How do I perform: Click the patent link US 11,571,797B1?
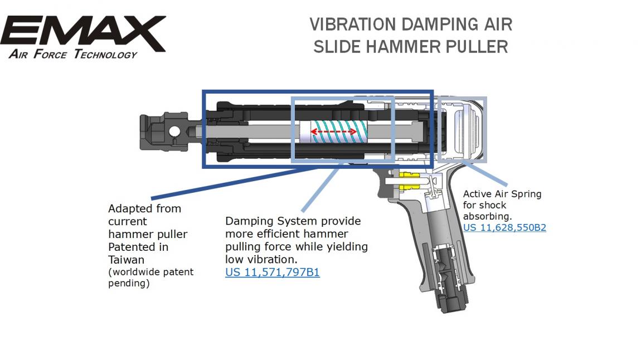click(272, 272)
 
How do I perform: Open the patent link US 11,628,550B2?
click(504, 227)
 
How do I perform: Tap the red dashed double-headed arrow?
click(333, 132)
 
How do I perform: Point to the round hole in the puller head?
click(174, 132)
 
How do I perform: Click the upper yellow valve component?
click(409, 176)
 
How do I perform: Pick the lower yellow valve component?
click(409, 188)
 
